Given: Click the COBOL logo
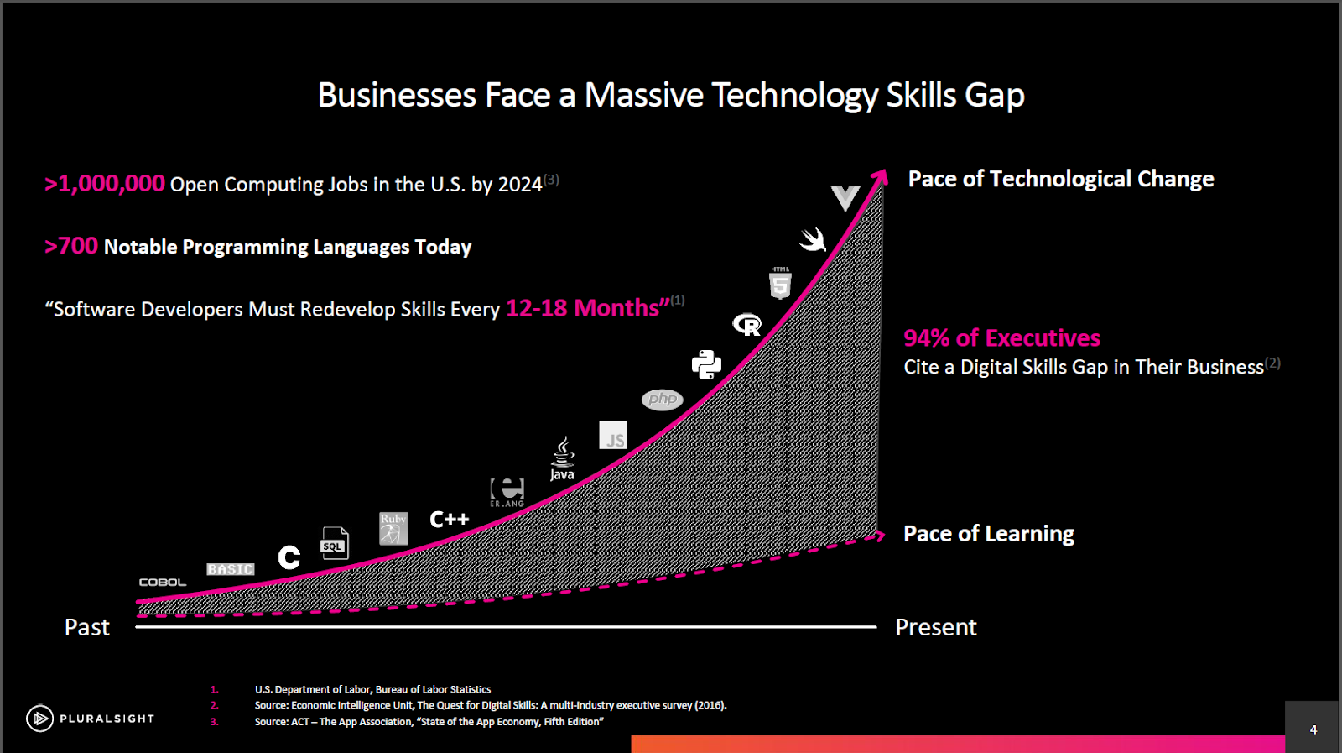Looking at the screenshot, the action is [163, 582].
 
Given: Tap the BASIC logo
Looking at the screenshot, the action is [231, 569].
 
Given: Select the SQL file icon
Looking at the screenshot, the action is [335, 543].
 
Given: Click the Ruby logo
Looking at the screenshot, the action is [393, 528].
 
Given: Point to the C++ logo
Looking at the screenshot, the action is [450, 519].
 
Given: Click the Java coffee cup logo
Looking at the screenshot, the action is [562, 458].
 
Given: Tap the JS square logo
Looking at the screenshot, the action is [613, 435].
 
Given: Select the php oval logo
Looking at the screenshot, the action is [662, 400].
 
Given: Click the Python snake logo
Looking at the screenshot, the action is [706, 364].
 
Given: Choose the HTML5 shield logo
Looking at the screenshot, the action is [780, 283].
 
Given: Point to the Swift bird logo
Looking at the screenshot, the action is [813, 240].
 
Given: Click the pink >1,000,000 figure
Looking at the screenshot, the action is [104, 184].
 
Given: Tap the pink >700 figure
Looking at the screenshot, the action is [70, 246].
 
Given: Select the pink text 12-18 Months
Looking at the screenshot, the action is [588, 308].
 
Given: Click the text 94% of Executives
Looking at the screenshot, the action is [1001, 338].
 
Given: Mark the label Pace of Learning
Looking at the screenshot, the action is [989, 534].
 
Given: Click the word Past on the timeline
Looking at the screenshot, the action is [87, 627].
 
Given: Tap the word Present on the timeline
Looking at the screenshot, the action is [936, 627].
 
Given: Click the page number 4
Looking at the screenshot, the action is [1313, 729].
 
